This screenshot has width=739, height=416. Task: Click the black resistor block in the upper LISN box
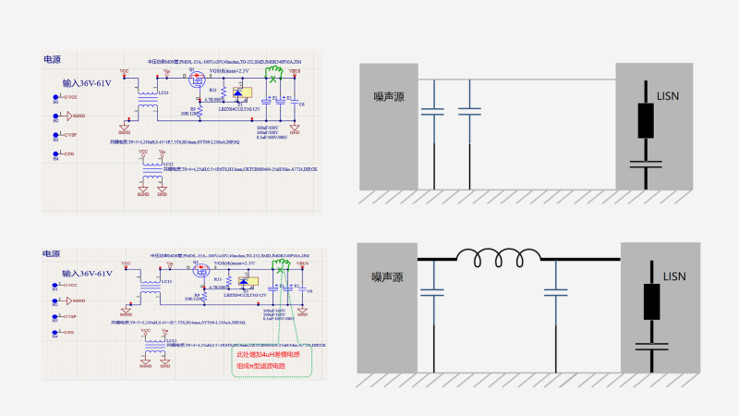647,121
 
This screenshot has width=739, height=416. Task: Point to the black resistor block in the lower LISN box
647,301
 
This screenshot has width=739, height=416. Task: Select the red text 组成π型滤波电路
261,367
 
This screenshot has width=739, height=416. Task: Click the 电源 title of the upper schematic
53,59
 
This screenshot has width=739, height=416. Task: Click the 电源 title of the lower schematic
52,252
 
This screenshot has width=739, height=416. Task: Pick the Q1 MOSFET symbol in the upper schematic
197,80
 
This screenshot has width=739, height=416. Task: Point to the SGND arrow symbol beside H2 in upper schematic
65,116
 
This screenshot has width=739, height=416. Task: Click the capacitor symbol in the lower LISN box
647,347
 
